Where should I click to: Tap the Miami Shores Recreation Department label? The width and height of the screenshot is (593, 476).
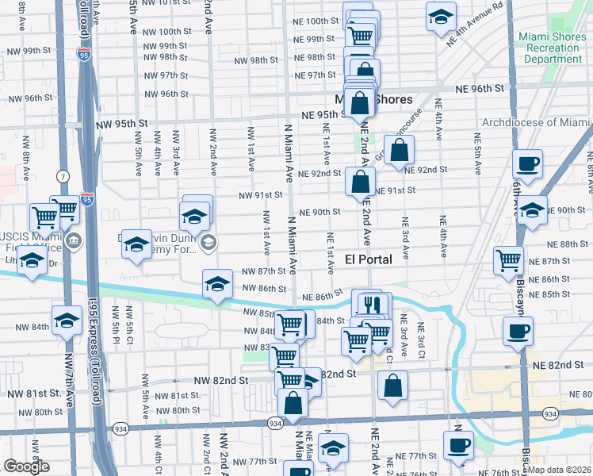[x=549, y=48]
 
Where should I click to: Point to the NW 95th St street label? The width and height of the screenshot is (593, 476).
[x=122, y=125]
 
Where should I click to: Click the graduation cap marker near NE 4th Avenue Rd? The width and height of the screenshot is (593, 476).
[x=441, y=16]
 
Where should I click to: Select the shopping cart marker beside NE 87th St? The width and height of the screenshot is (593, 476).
[x=508, y=259]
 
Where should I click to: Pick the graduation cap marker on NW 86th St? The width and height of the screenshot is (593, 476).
[x=216, y=284]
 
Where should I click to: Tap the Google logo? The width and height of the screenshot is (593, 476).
[x=26, y=466]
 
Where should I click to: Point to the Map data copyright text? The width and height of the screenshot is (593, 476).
[x=558, y=470]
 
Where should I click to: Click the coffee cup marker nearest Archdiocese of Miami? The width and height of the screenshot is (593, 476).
[x=527, y=164]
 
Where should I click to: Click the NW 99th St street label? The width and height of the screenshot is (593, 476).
[x=26, y=51]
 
